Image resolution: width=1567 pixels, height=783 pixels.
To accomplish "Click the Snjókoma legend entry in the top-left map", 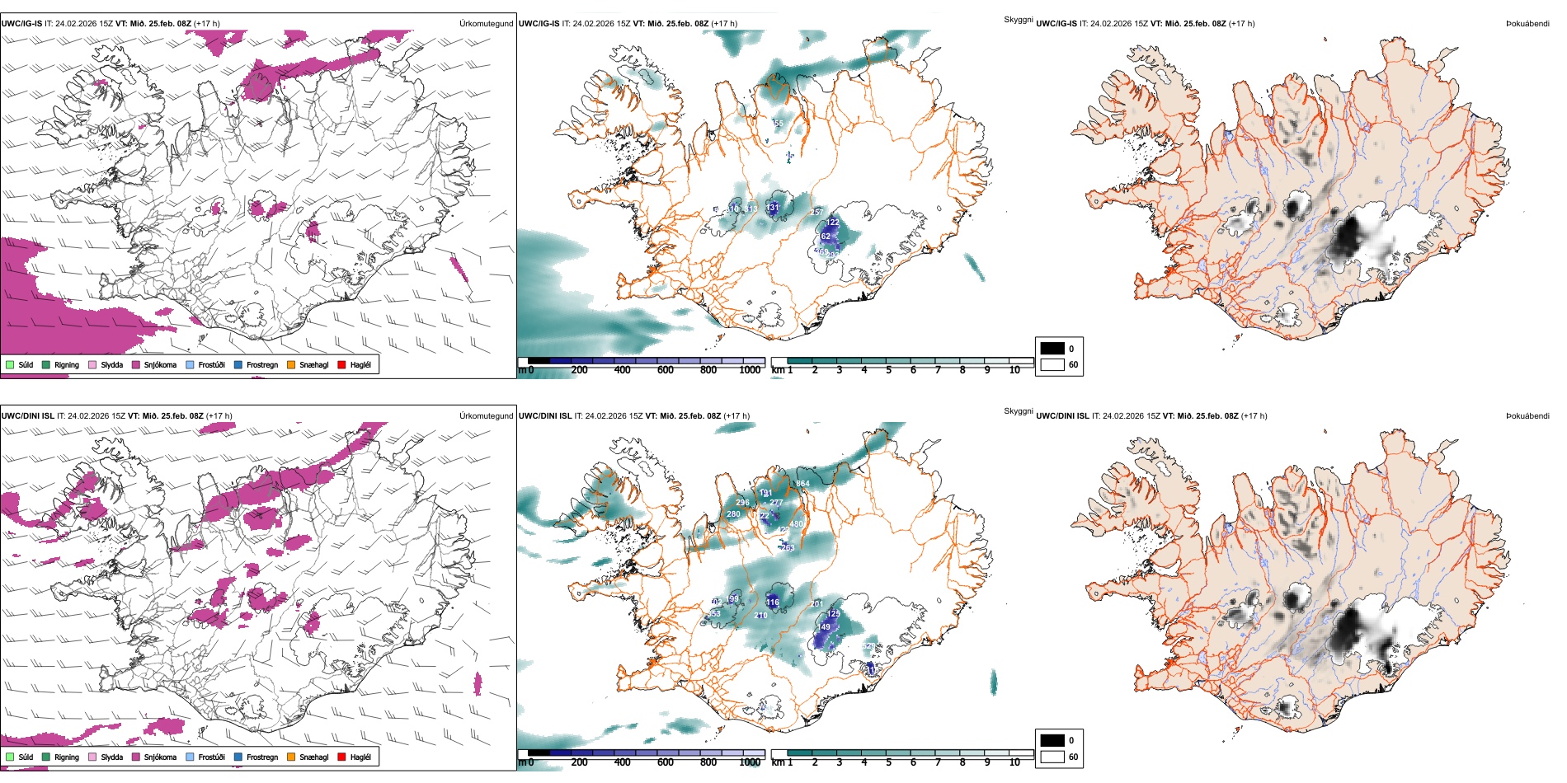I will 160,364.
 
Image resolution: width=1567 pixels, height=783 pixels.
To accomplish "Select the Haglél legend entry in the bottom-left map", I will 360,757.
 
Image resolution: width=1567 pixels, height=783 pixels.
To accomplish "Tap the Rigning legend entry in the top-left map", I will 67,364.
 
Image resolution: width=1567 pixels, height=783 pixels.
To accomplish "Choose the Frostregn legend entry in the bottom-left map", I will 262,757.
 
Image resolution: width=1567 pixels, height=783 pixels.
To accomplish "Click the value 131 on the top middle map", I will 773,208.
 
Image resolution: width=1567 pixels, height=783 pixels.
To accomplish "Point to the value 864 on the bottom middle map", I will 802,484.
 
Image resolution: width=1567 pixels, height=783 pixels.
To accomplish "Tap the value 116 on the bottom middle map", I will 772,602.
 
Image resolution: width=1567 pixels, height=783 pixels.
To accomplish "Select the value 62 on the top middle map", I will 826,237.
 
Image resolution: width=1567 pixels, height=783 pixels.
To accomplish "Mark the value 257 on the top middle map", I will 816,213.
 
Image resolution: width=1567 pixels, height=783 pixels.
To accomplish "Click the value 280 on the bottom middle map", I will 733,514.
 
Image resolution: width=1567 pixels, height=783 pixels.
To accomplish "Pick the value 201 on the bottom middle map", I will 816,604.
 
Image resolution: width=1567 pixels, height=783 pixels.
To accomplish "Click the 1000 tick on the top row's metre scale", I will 750,370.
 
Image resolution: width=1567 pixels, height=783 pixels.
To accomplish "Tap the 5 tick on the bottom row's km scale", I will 889,762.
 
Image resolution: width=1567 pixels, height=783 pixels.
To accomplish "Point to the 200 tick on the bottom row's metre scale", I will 580,762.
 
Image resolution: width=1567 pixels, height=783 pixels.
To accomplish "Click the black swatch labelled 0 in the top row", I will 1052,348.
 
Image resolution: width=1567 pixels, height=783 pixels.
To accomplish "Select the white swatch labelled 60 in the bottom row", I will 1052,757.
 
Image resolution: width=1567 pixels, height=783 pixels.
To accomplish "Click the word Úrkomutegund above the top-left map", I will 486,23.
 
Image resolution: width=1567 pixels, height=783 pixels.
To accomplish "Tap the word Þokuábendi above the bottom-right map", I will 1527,415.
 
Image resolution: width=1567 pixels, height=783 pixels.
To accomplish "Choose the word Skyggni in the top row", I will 1018,19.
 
